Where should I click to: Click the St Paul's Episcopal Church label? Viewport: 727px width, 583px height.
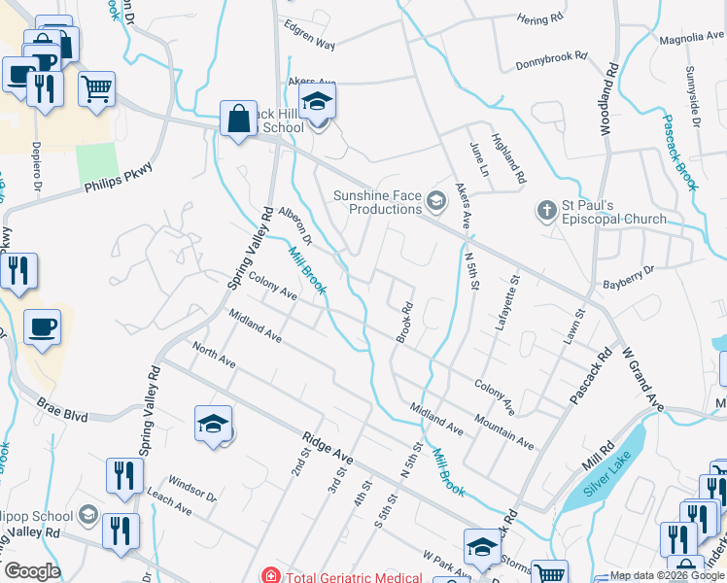pos(613,212)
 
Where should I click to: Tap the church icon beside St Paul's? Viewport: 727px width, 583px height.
pos(545,210)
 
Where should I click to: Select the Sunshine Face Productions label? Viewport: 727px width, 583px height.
pos(378,202)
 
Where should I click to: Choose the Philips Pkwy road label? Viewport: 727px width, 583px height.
pos(119,178)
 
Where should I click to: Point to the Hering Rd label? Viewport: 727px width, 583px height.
pos(540,18)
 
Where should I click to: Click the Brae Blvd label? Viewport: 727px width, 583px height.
pos(62,412)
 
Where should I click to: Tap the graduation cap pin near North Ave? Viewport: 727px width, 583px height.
pos(214,425)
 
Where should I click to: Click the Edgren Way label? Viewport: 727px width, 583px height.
pos(309,45)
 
